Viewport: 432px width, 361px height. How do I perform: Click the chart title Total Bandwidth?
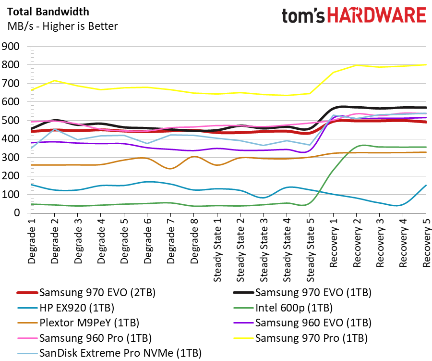[48, 12]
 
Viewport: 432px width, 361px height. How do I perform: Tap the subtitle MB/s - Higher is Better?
[62, 26]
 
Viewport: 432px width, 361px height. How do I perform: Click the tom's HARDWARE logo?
[354, 15]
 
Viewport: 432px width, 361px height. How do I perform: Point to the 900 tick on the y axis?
[11, 46]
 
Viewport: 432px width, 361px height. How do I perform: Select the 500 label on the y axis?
[11, 120]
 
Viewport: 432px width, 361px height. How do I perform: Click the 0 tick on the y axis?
[17, 213]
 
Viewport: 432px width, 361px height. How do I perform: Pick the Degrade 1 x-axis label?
[31, 241]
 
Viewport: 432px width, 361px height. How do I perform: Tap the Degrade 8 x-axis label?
[194, 241]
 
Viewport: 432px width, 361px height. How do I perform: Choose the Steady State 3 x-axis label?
[264, 250]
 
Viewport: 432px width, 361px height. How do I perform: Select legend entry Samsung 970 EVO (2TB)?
[86, 292]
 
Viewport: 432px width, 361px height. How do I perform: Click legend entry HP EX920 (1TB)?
[66, 308]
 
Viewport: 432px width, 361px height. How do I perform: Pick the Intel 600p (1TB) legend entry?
[283, 308]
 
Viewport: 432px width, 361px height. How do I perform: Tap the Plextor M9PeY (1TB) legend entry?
[78, 323]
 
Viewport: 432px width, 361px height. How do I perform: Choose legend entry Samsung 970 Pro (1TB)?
[300, 338]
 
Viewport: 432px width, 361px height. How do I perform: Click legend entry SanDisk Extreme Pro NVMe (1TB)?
[109, 353]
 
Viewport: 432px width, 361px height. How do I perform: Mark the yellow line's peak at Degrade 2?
[55, 81]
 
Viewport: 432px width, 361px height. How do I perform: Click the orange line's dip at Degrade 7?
[170, 168]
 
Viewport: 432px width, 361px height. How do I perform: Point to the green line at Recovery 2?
[357, 146]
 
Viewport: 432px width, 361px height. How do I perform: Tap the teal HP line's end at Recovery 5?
[426, 185]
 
